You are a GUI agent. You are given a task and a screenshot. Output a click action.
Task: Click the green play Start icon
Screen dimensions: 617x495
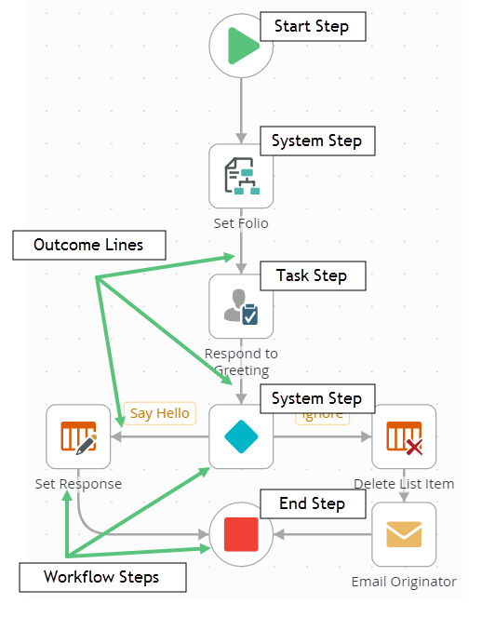(241, 46)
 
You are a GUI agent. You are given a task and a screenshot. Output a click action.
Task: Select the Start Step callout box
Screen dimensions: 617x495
(312, 26)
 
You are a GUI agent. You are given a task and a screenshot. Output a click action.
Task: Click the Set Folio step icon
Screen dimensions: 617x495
(241, 175)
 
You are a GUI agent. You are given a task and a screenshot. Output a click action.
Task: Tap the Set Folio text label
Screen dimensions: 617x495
(241, 222)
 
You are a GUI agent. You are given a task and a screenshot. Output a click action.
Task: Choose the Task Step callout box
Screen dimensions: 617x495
(311, 275)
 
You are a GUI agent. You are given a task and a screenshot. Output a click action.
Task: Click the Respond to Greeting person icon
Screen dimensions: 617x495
(241, 306)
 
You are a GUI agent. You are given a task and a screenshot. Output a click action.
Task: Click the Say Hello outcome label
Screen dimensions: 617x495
(159, 413)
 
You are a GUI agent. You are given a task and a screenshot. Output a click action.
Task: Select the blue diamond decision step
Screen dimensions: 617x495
(241, 436)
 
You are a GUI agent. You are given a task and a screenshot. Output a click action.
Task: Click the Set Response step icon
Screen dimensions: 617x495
(78, 436)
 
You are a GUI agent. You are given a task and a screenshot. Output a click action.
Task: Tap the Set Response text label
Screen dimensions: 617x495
(78, 484)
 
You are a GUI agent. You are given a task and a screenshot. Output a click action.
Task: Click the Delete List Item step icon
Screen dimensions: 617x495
(404, 436)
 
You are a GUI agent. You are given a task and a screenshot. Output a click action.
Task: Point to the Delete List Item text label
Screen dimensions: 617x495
(404, 483)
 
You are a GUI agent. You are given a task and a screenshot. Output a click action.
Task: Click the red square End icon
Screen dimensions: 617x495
(241, 535)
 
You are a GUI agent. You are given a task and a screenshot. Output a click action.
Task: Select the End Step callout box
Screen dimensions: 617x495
(312, 503)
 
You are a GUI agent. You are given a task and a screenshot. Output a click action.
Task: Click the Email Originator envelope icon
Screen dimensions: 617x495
(404, 534)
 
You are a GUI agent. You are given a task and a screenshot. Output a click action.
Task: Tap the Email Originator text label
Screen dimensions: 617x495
(404, 582)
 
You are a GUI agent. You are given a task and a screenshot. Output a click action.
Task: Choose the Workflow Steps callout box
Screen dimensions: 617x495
(101, 577)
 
